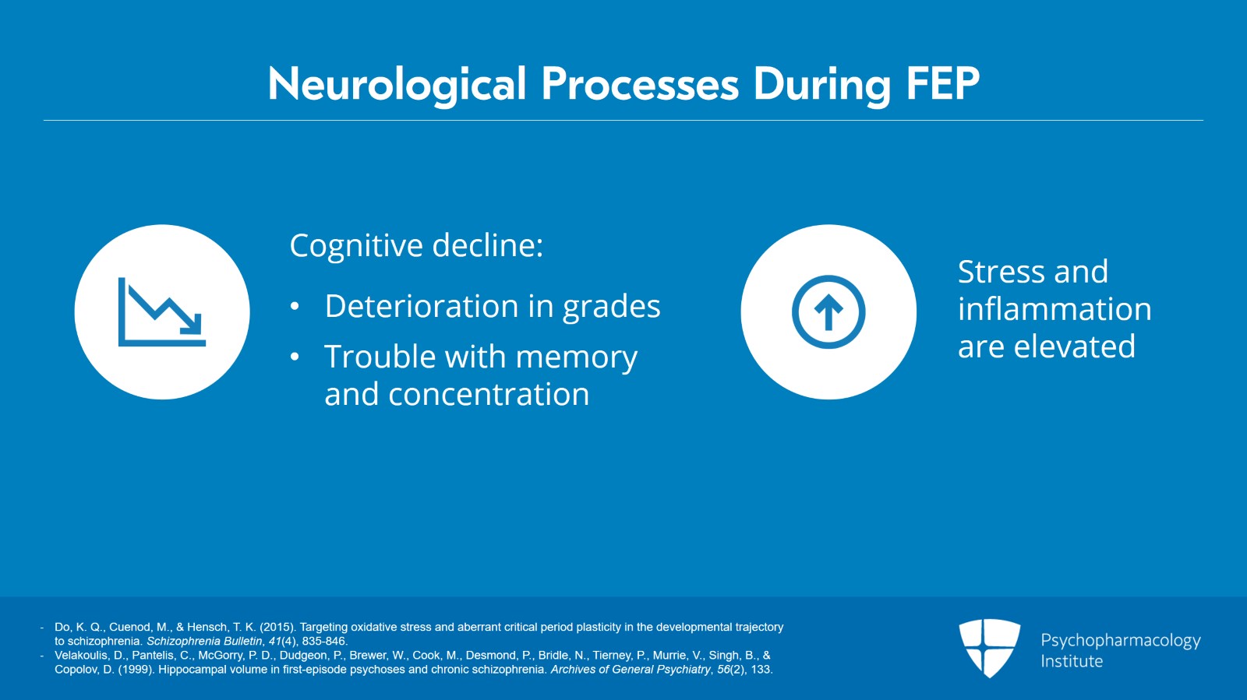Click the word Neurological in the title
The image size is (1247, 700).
(x=397, y=85)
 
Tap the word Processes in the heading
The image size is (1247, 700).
(x=640, y=85)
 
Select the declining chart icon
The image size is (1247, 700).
(x=162, y=312)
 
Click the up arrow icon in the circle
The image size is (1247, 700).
(x=828, y=312)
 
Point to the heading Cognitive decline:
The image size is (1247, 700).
(x=416, y=245)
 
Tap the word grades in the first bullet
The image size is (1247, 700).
(x=611, y=307)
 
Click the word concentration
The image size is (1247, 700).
(x=489, y=394)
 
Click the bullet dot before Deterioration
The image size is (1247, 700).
(x=295, y=306)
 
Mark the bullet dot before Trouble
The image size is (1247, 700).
(x=295, y=357)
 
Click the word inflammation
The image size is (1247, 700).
(x=1054, y=308)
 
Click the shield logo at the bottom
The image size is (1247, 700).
(x=989, y=648)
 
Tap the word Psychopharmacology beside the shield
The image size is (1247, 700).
(x=1121, y=641)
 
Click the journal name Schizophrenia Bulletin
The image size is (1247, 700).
(x=204, y=641)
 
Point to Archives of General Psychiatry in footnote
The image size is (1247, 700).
(x=631, y=670)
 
